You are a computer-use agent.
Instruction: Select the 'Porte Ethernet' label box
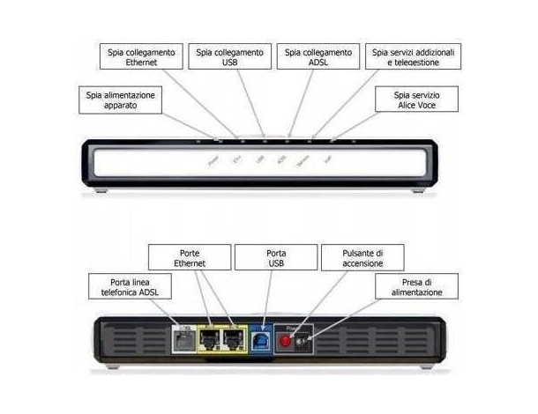pos(191,258)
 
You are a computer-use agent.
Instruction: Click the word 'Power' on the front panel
pos(213,161)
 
